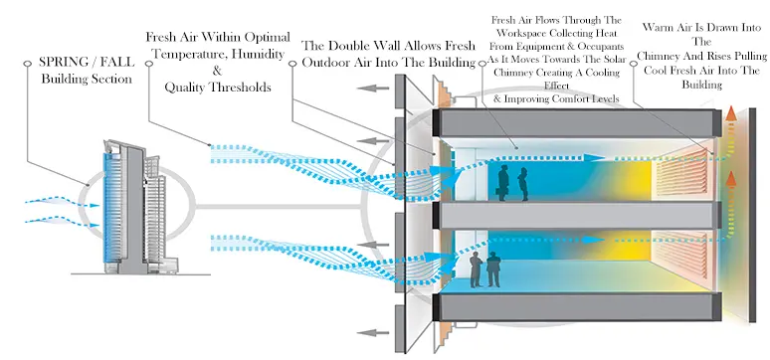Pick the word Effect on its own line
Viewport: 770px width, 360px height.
coord(556,86)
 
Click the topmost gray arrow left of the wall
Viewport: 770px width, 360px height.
coord(376,89)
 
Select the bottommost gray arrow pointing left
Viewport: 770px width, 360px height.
coord(376,333)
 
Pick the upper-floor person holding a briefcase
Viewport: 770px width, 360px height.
coord(503,183)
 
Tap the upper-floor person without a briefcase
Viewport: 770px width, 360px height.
coord(524,184)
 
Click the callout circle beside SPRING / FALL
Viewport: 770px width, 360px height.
coord(27,64)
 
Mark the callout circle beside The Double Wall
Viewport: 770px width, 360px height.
coord(292,64)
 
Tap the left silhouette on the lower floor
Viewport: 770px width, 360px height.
coord(476,270)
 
